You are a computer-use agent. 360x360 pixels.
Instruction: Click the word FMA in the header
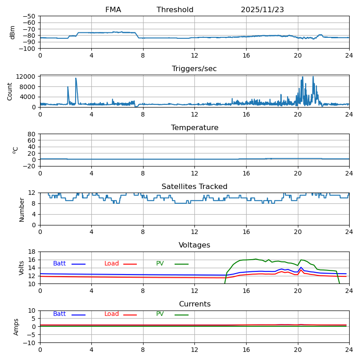pyautogui.click(x=113, y=10)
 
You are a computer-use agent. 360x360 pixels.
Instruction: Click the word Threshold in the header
pyautogui.click(x=175, y=10)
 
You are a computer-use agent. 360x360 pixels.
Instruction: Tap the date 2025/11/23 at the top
pyautogui.click(x=262, y=10)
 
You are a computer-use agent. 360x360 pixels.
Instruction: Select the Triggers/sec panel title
pyautogui.click(x=194, y=69)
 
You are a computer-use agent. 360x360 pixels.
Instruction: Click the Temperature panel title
pyautogui.click(x=194, y=128)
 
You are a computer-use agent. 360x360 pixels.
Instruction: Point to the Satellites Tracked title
pyautogui.click(x=194, y=187)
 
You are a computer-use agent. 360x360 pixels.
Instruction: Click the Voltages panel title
pyautogui.click(x=194, y=245)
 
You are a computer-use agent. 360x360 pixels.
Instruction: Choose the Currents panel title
pyautogui.click(x=194, y=304)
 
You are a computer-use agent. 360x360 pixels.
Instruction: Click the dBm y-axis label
pyautogui.click(x=13, y=32)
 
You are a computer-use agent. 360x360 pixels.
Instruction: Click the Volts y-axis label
pyautogui.click(x=22, y=268)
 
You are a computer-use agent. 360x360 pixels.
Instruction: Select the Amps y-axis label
pyautogui.click(x=16, y=327)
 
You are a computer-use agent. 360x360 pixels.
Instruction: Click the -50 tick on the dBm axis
pyautogui.click(x=30, y=16)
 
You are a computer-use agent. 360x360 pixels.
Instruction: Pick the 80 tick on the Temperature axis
pyautogui.click(x=32, y=134)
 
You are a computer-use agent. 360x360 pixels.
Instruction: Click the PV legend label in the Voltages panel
pyautogui.click(x=160, y=264)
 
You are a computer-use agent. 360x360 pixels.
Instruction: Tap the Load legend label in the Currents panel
pyautogui.click(x=112, y=314)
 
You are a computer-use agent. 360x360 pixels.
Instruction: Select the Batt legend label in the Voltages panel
pyautogui.click(x=59, y=264)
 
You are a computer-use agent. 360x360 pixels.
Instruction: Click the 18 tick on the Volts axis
pyautogui.click(x=32, y=252)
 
